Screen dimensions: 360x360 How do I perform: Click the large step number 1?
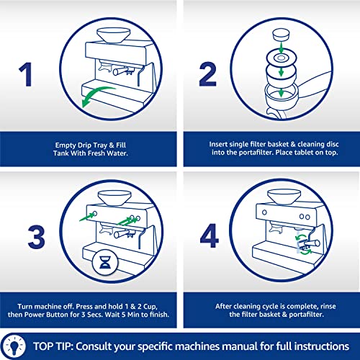point(26,74)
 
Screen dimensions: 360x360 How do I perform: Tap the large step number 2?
point(208,74)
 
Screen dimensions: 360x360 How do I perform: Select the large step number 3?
point(37,237)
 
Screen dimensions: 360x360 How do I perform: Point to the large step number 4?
point(209,235)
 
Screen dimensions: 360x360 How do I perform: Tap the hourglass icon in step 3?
point(105,262)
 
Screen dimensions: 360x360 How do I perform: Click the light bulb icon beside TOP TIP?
point(15,346)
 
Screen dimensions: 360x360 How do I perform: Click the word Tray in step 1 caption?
point(100,145)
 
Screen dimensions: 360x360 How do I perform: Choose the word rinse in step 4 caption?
point(328,306)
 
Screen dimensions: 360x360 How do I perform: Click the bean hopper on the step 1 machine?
point(113,35)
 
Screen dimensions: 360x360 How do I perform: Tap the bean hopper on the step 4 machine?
point(284,197)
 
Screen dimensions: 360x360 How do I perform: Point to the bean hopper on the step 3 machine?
point(114,198)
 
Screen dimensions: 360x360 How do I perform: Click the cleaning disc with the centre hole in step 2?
point(282,58)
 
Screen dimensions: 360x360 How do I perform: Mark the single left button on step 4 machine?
point(264,212)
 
